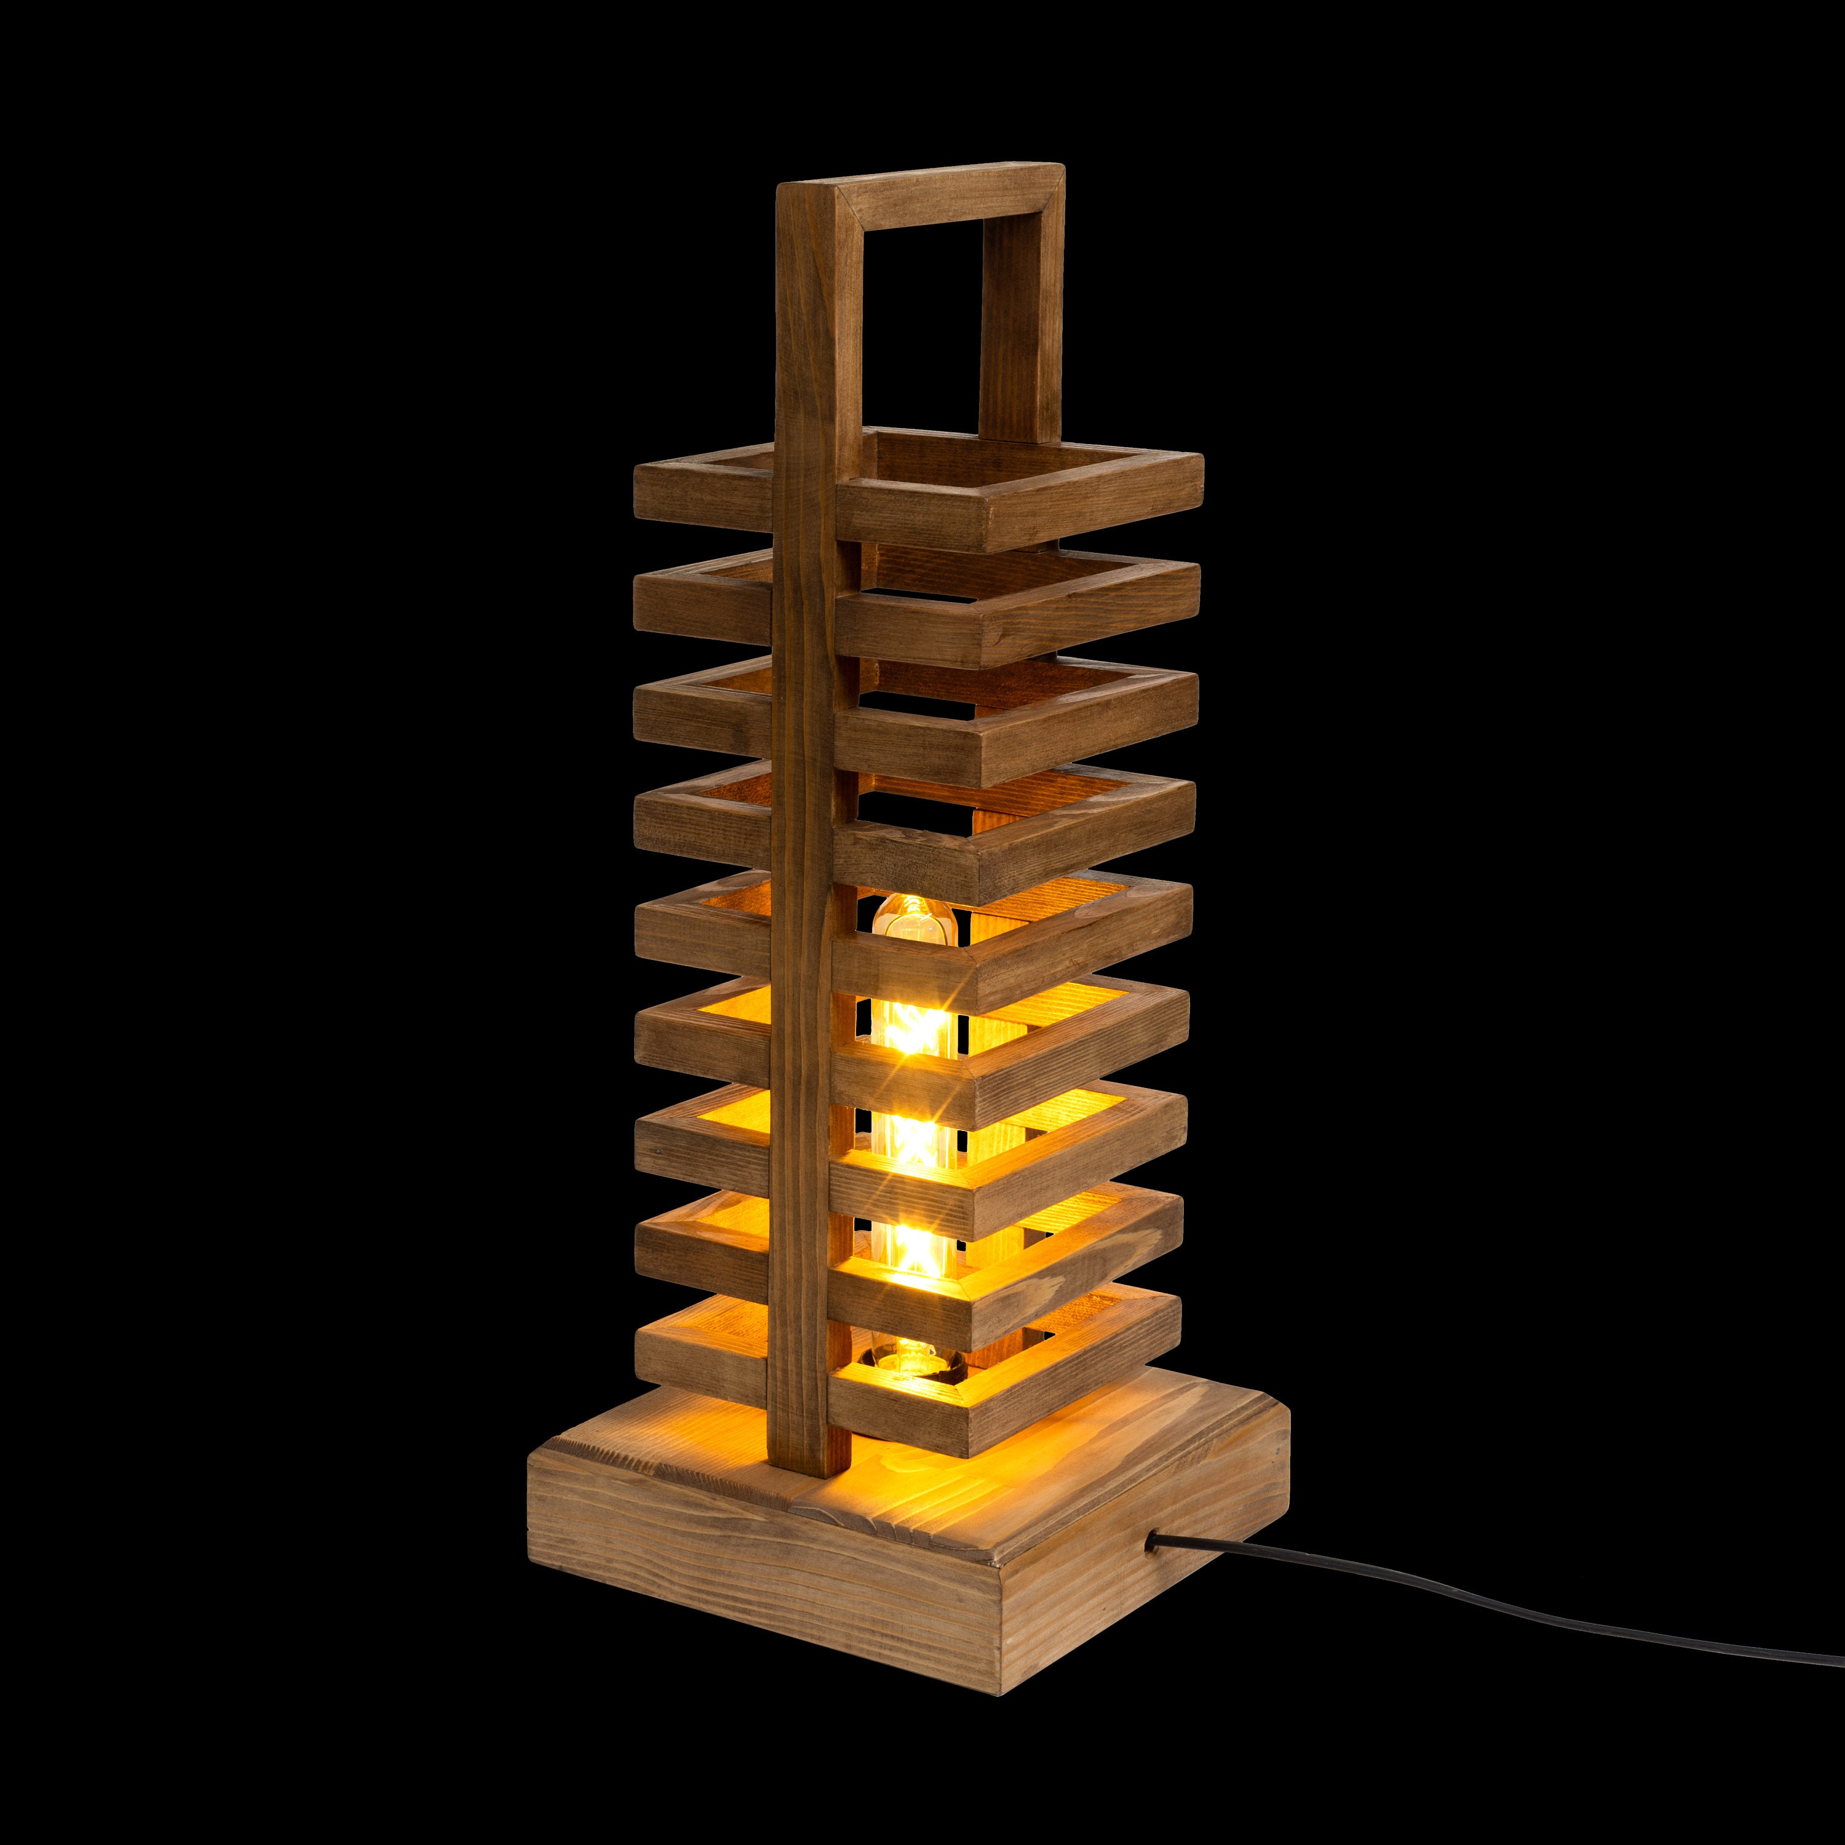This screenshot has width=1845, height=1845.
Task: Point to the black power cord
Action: click(1528, 1614)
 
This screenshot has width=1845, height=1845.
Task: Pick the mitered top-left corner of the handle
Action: click(810, 191)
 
